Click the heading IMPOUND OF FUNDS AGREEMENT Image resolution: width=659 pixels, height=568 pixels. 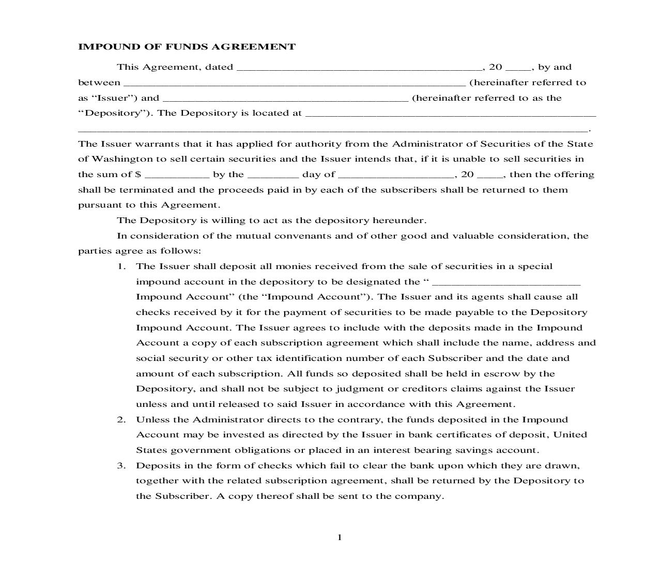pos(187,47)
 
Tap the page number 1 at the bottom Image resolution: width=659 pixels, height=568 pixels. pos(340,538)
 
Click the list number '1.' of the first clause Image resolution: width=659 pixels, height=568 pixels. pos(121,266)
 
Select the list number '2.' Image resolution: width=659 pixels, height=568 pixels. pos(121,420)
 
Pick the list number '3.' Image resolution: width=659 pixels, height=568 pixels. pos(121,466)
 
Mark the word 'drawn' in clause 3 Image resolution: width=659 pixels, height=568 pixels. pos(565,466)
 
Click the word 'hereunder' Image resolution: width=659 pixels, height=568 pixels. pos(399,220)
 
